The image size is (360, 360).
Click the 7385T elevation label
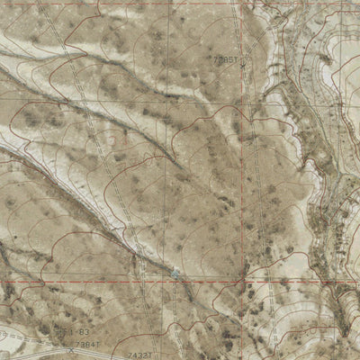click(x=225, y=60)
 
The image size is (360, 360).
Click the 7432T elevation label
click(x=138, y=355)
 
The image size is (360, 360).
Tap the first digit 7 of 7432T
click(x=128, y=355)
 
